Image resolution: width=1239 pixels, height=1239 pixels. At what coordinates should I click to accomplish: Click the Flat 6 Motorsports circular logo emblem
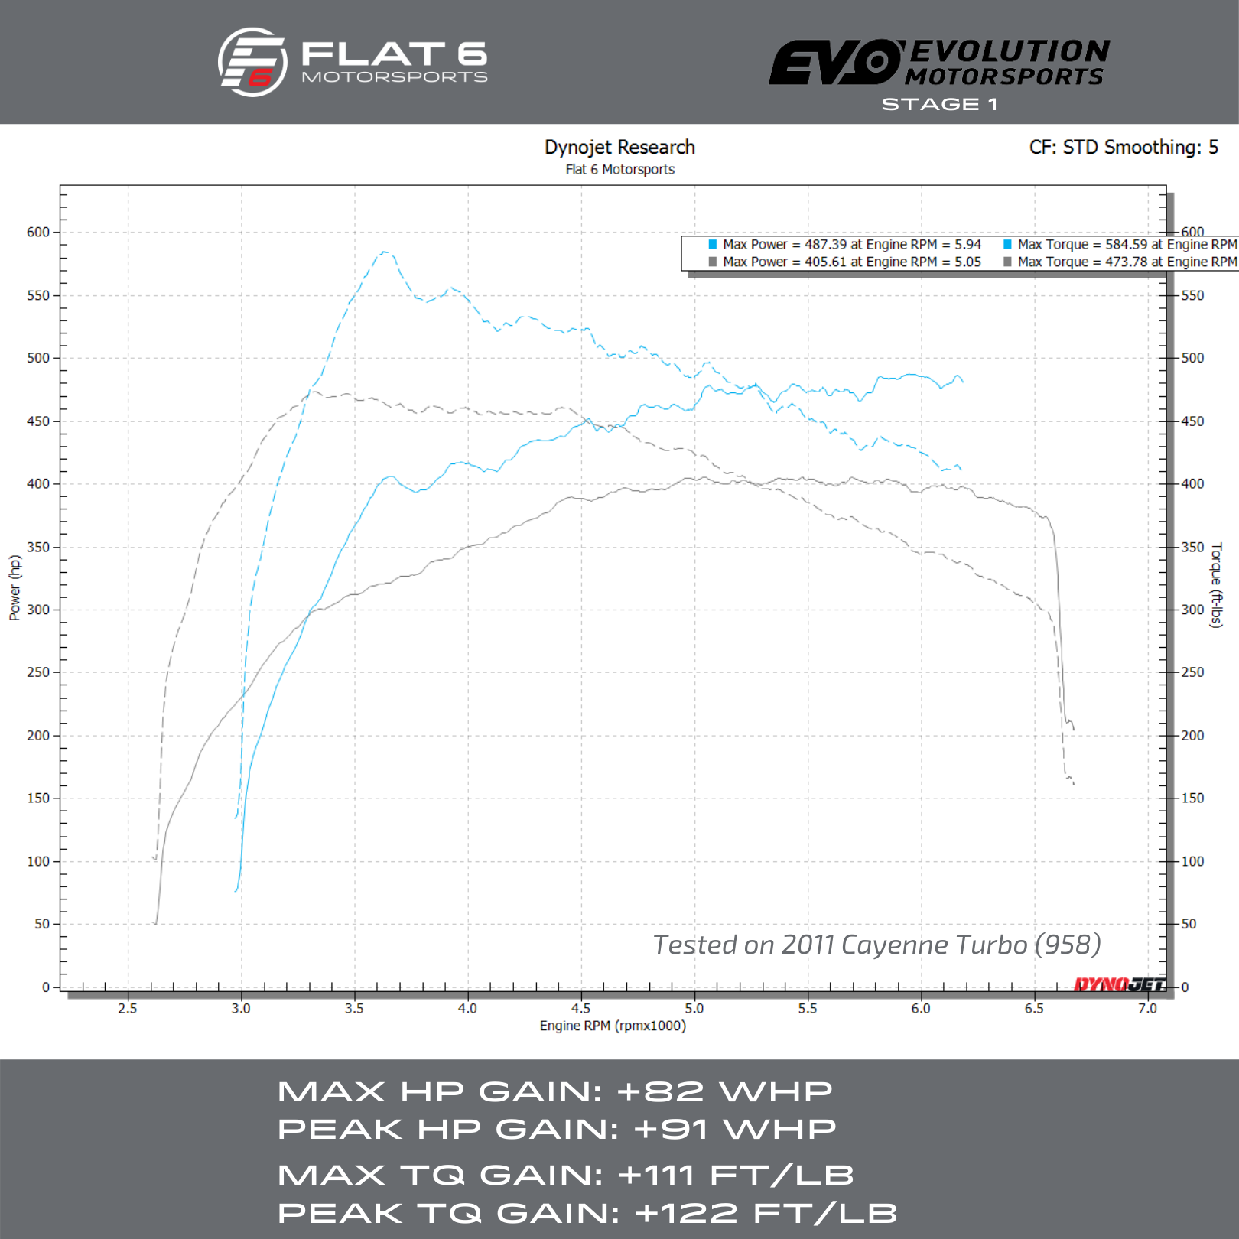pyautogui.click(x=252, y=63)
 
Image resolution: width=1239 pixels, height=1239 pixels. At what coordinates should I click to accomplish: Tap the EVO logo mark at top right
pyautogui.click(x=835, y=63)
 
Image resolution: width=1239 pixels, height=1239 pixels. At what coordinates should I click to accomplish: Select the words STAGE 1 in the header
pyautogui.click(x=939, y=104)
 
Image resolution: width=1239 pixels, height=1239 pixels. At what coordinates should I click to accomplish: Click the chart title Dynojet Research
pyautogui.click(x=619, y=147)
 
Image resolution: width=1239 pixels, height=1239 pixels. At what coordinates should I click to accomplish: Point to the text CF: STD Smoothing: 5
pyautogui.click(x=1123, y=147)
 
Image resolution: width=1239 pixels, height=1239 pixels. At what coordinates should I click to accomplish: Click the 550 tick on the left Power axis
pyautogui.click(x=38, y=295)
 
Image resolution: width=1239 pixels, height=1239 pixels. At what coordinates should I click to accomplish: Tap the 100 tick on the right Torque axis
pyautogui.click(x=1192, y=861)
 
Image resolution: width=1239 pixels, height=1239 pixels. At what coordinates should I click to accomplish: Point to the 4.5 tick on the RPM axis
pyautogui.click(x=581, y=1008)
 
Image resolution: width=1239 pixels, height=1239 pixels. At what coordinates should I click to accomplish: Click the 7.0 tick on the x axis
pyautogui.click(x=1147, y=1008)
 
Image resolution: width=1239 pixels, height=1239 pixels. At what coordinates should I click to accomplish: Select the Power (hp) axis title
pyautogui.click(x=15, y=587)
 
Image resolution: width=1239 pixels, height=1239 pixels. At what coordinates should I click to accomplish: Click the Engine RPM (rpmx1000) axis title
pyautogui.click(x=613, y=1026)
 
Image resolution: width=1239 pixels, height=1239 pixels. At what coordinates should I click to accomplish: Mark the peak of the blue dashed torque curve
pyautogui.click(x=385, y=252)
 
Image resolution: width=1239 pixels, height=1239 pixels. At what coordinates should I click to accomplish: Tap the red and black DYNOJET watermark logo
pyautogui.click(x=1119, y=984)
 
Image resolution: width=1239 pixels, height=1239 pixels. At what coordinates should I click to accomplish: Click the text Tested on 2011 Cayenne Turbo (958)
pyautogui.click(x=876, y=945)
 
